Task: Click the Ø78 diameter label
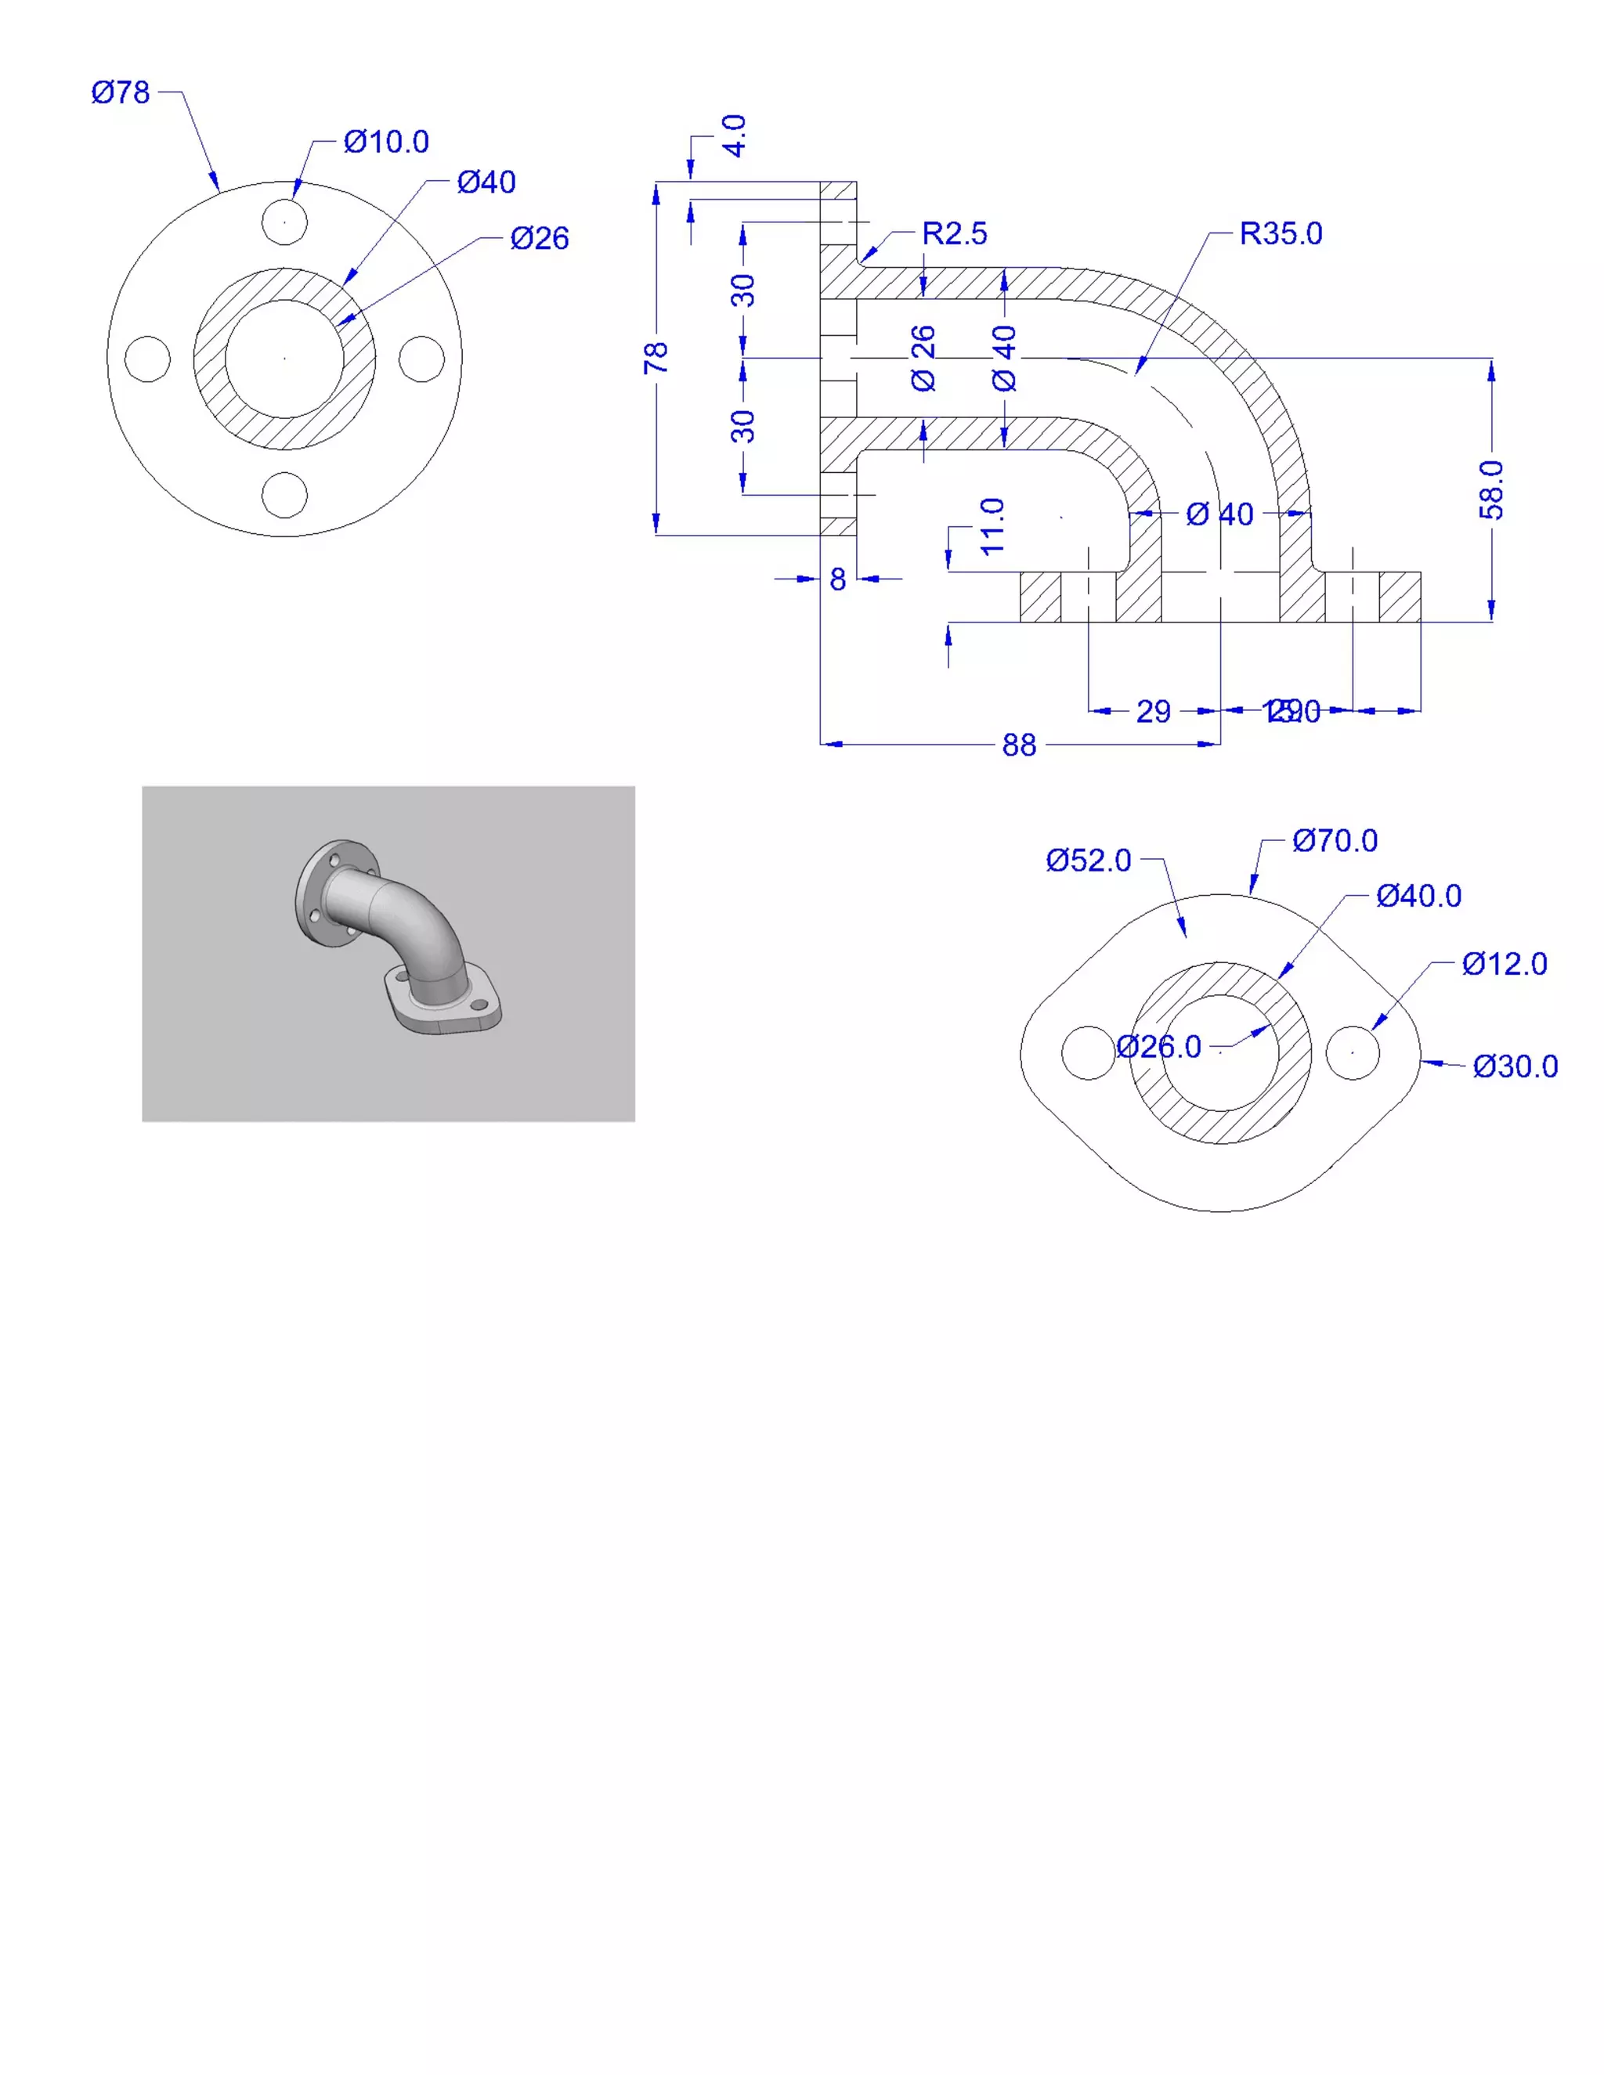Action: pyautogui.click(x=121, y=92)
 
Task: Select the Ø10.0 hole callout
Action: pyautogui.click(x=386, y=142)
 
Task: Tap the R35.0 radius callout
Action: pyautogui.click(x=1280, y=233)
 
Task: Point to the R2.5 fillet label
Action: pyautogui.click(x=954, y=233)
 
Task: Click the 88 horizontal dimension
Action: pyautogui.click(x=1019, y=745)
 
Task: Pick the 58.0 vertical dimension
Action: pyautogui.click(x=1491, y=489)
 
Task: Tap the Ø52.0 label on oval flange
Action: pyautogui.click(x=1088, y=860)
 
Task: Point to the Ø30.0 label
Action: pyautogui.click(x=1515, y=1066)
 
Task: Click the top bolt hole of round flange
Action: pyautogui.click(x=284, y=222)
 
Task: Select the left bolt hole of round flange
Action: pyautogui.click(x=147, y=358)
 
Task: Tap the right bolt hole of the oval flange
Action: pyautogui.click(x=1352, y=1052)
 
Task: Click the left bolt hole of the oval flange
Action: pyautogui.click(x=1088, y=1052)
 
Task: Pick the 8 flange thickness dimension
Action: pyautogui.click(x=837, y=579)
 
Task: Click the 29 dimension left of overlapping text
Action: pyautogui.click(x=1153, y=711)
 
